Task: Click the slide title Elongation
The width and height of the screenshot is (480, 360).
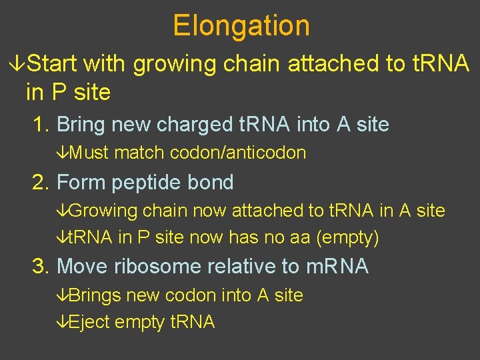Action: pyautogui.click(x=241, y=26)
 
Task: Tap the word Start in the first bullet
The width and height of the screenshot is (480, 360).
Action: pyautogui.click(x=53, y=64)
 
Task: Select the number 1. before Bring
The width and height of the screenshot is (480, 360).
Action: pyautogui.click(x=41, y=124)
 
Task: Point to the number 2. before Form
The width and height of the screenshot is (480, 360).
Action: pyautogui.click(x=41, y=182)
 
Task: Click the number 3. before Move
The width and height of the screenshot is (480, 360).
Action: pyautogui.click(x=41, y=266)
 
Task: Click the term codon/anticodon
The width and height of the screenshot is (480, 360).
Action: pyautogui.click(x=238, y=153)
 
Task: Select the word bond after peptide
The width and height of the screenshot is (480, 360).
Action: pyautogui.click(x=211, y=182)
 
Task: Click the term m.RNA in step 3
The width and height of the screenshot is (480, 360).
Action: pyautogui.click(x=337, y=266)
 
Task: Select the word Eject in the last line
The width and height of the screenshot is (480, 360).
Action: pyautogui.click(x=89, y=323)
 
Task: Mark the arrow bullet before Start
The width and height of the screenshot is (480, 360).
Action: pyautogui.click(x=18, y=64)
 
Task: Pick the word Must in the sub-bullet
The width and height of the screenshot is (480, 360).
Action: pyautogui.click(x=89, y=153)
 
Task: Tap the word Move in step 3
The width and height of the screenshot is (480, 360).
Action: pyautogui.click(x=83, y=266)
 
